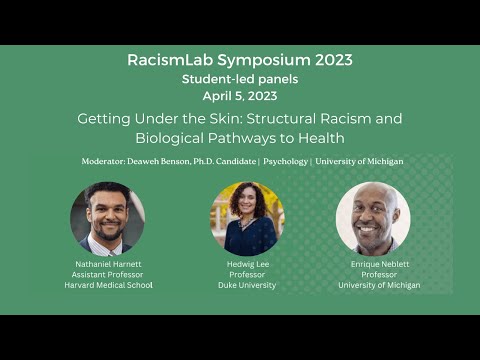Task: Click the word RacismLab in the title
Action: tap(169, 60)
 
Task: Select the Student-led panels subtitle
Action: tap(239, 78)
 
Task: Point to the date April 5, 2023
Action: tap(239, 95)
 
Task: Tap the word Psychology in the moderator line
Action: tap(286, 161)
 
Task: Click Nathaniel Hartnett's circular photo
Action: tap(107, 218)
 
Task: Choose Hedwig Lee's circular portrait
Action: tap(246, 218)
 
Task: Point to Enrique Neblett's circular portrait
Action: tap(372, 218)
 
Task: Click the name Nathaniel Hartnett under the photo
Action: tap(107, 264)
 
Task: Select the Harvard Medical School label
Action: tap(107, 285)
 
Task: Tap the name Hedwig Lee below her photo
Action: tap(246, 264)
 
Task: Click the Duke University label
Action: tap(246, 285)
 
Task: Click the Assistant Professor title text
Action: tap(107, 275)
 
